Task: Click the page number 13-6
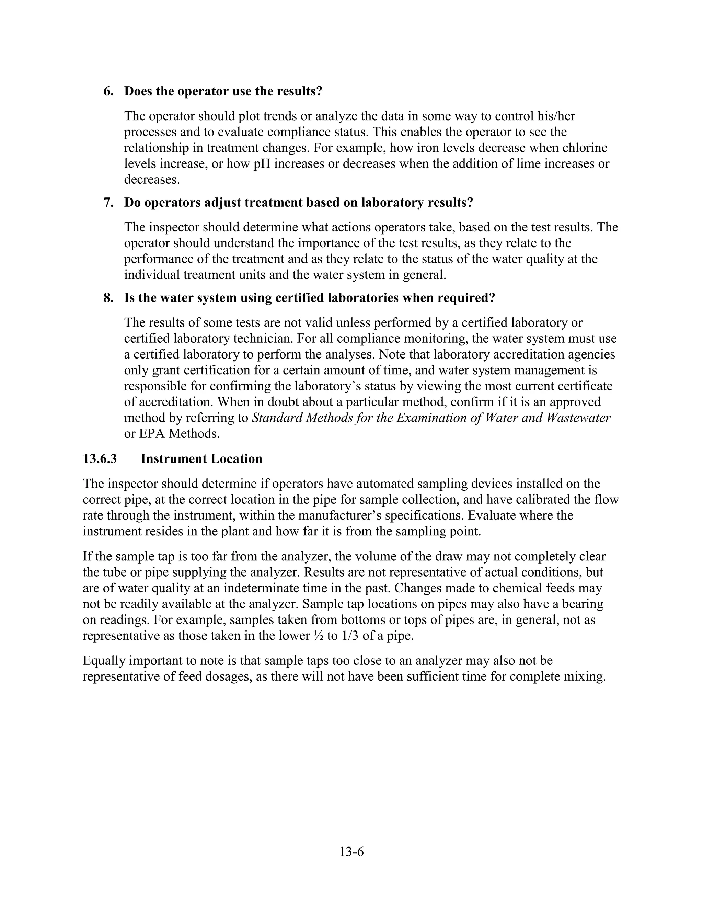coord(351,852)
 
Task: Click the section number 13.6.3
coord(100,459)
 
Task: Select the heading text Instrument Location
coord(201,459)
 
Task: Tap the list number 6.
coord(108,91)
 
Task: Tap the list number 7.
coord(108,203)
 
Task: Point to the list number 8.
coord(108,298)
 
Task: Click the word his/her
coord(556,116)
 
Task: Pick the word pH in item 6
coord(262,164)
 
